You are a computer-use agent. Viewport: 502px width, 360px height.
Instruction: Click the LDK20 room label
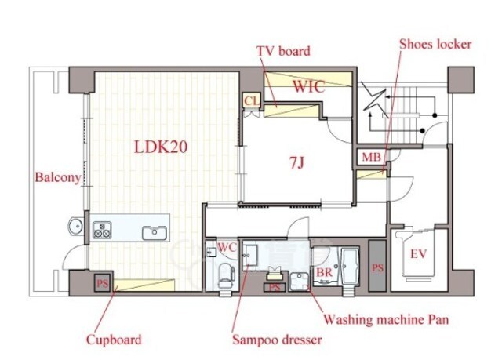tap(160, 147)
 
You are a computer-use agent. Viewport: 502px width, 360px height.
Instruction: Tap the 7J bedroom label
tap(296, 163)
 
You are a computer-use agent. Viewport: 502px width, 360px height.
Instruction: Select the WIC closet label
tap(309, 86)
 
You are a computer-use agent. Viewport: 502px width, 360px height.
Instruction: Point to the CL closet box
tap(253, 101)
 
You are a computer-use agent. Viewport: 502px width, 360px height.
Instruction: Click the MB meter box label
tap(371, 157)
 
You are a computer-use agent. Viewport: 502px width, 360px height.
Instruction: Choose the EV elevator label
tap(418, 254)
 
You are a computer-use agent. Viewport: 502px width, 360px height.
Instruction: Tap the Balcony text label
tap(58, 177)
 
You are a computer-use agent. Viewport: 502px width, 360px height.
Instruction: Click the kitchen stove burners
tap(102, 230)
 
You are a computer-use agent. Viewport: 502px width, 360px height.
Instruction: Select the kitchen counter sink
tap(155, 233)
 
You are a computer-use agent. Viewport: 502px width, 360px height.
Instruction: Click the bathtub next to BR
tap(351, 266)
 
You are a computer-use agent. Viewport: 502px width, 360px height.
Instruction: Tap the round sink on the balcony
tap(76, 227)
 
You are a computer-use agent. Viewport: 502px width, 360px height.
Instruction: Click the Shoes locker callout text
tap(435, 45)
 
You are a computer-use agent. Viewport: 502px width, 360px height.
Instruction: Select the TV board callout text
tap(283, 51)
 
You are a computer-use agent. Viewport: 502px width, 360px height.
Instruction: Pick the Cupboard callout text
tap(114, 340)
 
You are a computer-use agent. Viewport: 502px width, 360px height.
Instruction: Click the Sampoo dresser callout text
tap(277, 340)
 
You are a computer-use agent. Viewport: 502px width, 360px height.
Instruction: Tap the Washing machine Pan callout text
tap(386, 319)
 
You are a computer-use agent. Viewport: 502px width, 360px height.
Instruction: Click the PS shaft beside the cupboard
tap(103, 282)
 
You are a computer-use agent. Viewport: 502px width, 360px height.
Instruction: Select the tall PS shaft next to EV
tap(377, 266)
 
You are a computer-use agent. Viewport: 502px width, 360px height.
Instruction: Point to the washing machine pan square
tap(299, 282)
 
